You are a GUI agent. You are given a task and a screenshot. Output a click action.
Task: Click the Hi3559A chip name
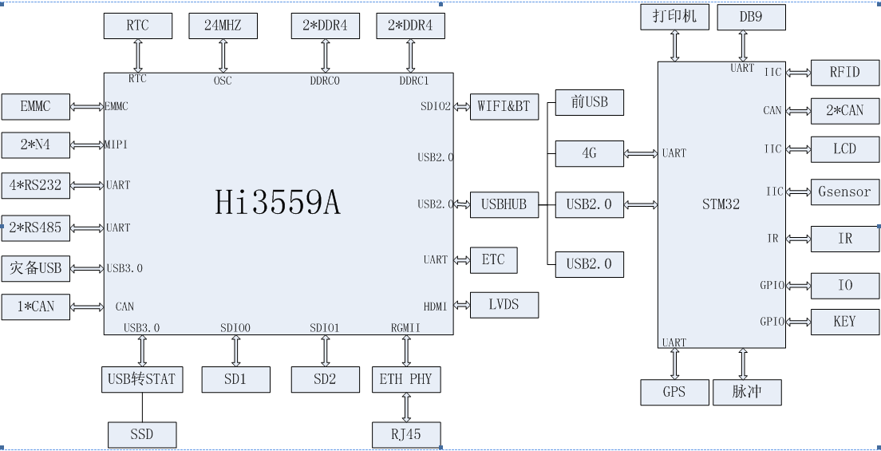tap(278, 203)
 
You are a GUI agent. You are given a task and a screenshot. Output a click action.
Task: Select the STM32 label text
tap(721, 204)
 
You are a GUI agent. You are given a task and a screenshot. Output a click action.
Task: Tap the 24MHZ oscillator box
tap(223, 26)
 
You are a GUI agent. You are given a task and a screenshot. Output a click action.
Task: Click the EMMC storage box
tap(35, 105)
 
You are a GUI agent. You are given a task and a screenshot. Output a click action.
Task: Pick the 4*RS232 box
tap(35, 185)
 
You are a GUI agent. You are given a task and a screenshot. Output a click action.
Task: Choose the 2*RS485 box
tap(35, 227)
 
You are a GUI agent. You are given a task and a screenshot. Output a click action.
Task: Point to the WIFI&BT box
tap(504, 106)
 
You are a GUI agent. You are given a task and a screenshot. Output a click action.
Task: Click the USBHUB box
tap(504, 204)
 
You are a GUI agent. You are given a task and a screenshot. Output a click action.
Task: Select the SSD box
tap(141, 434)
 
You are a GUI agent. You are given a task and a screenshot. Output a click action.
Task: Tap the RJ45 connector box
tap(406, 434)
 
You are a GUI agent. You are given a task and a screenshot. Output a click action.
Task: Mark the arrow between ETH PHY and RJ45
tap(406, 406)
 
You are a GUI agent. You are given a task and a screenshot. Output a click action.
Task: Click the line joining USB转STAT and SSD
tap(142, 406)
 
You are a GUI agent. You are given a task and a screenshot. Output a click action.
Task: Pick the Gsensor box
tap(844, 192)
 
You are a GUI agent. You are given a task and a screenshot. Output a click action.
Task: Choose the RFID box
tap(844, 73)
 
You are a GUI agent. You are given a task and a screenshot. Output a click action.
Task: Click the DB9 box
tap(750, 18)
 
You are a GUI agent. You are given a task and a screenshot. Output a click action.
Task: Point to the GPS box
tap(674, 392)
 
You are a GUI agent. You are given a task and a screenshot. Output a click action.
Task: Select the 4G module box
tap(589, 153)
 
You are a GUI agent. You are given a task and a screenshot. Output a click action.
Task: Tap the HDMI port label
tap(436, 306)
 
